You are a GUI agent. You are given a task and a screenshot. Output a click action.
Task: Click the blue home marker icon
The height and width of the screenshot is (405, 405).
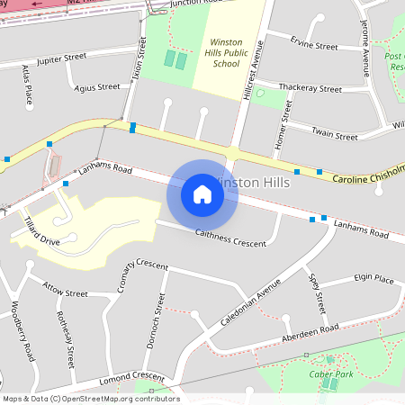click(202, 193)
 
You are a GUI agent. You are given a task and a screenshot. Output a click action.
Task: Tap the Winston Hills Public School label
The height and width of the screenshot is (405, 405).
click(225, 53)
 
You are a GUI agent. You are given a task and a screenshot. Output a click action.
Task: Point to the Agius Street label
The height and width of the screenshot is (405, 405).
click(97, 87)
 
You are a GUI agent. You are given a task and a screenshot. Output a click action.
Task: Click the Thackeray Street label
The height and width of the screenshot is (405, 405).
click(310, 88)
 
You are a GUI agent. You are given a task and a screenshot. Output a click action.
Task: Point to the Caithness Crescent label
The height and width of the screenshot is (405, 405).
click(231, 238)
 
